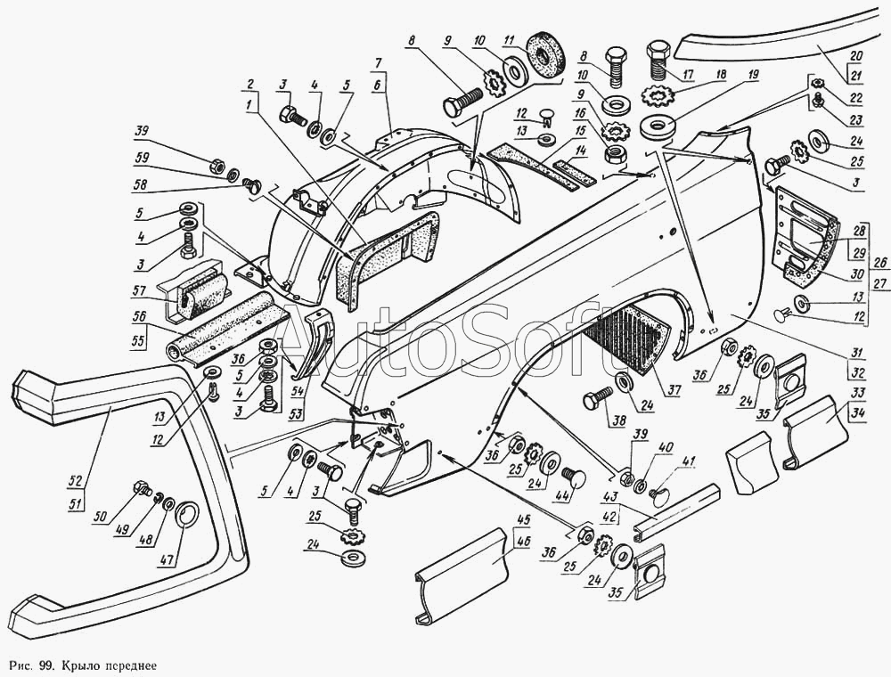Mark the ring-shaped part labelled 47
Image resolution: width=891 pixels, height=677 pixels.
(x=188, y=515)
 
